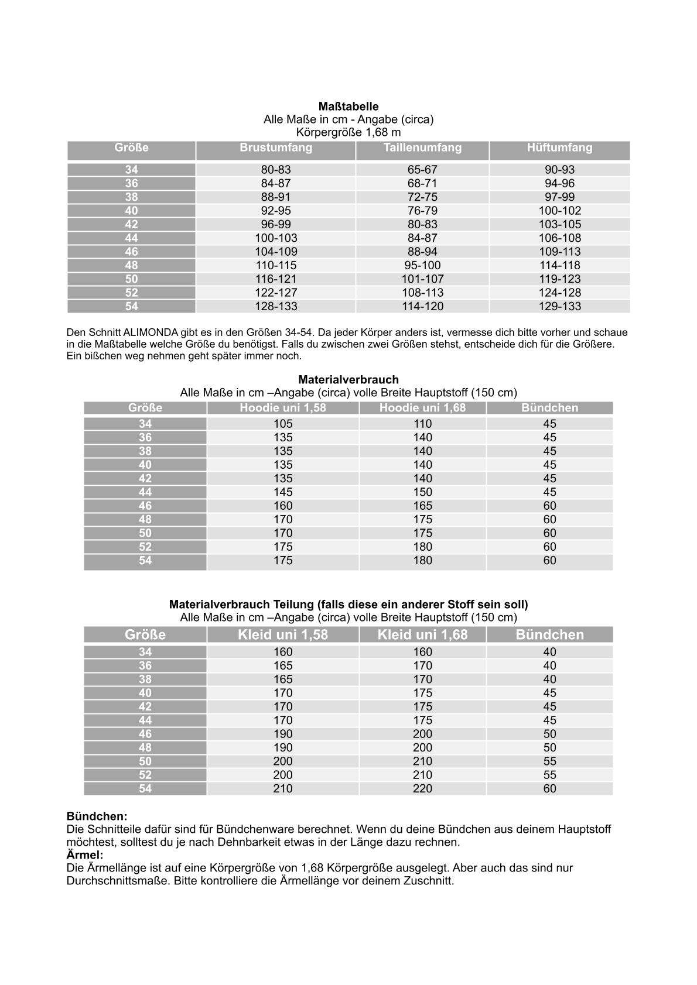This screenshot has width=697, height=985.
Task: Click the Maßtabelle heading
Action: (348, 107)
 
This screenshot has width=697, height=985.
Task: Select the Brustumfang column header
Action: (276, 148)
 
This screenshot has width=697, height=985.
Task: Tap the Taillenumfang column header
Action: (422, 148)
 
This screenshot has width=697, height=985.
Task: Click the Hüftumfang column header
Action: (559, 148)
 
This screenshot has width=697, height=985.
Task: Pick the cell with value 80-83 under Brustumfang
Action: (276, 170)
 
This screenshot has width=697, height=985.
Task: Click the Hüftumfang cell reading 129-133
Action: (559, 306)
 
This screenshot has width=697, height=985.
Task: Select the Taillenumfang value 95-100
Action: (422, 265)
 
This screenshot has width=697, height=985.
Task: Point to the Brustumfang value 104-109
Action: (276, 252)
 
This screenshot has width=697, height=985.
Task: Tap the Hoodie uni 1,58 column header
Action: (283, 408)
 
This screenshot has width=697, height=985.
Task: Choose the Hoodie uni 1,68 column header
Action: (422, 408)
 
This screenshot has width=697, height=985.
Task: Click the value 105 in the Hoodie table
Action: (283, 424)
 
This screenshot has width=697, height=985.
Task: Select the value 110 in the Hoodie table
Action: (422, 424)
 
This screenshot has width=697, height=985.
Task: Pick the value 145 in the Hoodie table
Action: (283, 492)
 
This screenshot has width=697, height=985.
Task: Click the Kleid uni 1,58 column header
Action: (283, 635)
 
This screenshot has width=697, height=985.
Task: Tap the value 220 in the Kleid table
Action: (422, 788)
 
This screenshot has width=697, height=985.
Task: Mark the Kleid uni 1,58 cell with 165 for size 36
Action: (283, 665)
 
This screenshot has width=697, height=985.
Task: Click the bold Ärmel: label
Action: (85, 855)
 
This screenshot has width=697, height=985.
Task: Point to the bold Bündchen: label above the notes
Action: (97, 816)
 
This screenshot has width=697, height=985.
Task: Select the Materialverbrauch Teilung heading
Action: (348, 604)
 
